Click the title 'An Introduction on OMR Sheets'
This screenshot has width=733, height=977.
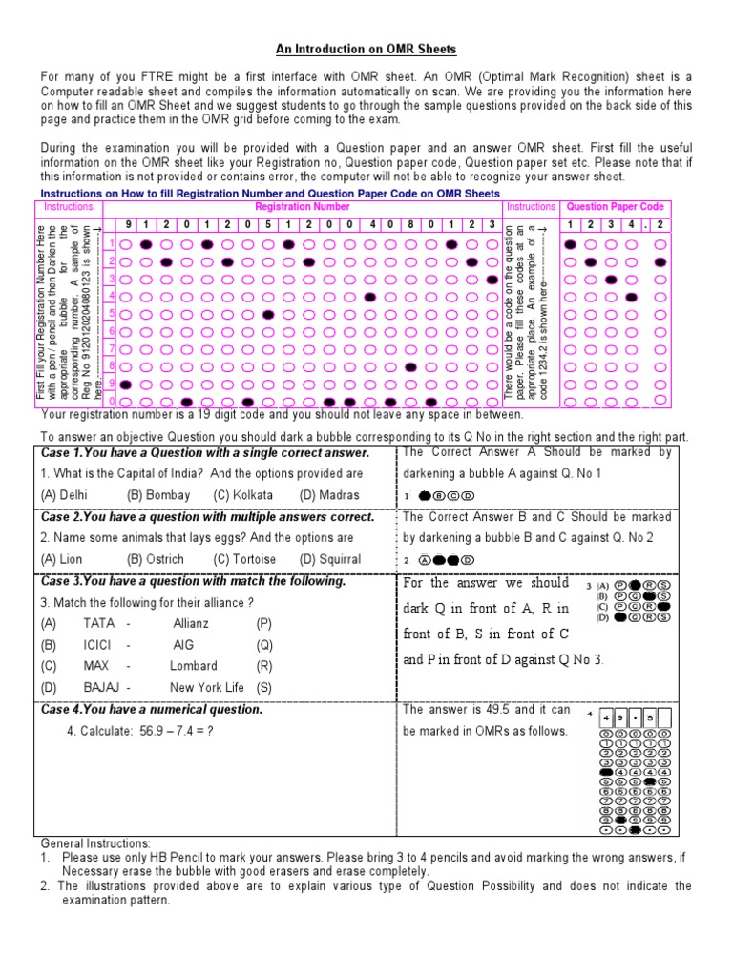[366, 49]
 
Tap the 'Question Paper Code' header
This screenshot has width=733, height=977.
[615, 206]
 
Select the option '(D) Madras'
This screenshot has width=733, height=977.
[330, 495]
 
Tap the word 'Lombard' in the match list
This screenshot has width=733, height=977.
[194, 665]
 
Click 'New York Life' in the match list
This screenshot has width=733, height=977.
[207, 687]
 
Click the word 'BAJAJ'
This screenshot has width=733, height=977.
[101, 687]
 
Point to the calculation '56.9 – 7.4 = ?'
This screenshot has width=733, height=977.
[169, 731]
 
